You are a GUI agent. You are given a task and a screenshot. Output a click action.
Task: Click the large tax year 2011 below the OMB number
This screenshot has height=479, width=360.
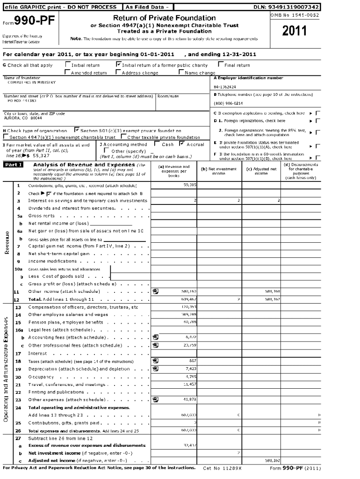coord(295,31)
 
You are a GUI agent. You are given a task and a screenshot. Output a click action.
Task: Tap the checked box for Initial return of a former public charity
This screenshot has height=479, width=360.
coord(118,65)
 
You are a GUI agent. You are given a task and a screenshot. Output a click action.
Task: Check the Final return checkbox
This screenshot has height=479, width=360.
coord(221,65)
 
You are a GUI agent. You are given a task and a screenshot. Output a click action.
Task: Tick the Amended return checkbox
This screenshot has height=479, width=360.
coord(67,73)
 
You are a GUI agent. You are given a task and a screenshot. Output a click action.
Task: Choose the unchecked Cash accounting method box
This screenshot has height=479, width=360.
coord(157,145)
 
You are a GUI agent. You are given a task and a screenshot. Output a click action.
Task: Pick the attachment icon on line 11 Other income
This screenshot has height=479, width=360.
coord(155,291)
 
